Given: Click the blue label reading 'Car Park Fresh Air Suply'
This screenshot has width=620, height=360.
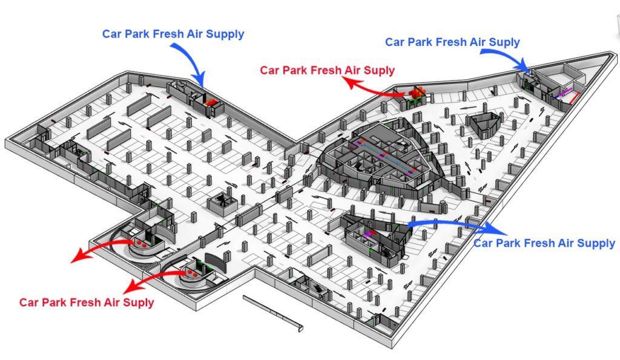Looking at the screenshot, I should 452,42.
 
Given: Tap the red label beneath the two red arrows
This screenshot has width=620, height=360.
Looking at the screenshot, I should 87,301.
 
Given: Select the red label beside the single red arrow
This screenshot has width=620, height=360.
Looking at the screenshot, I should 327,70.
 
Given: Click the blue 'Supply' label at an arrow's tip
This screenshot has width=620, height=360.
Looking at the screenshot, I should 544,243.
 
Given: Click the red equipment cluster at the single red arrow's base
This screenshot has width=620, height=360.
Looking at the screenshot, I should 417,93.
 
